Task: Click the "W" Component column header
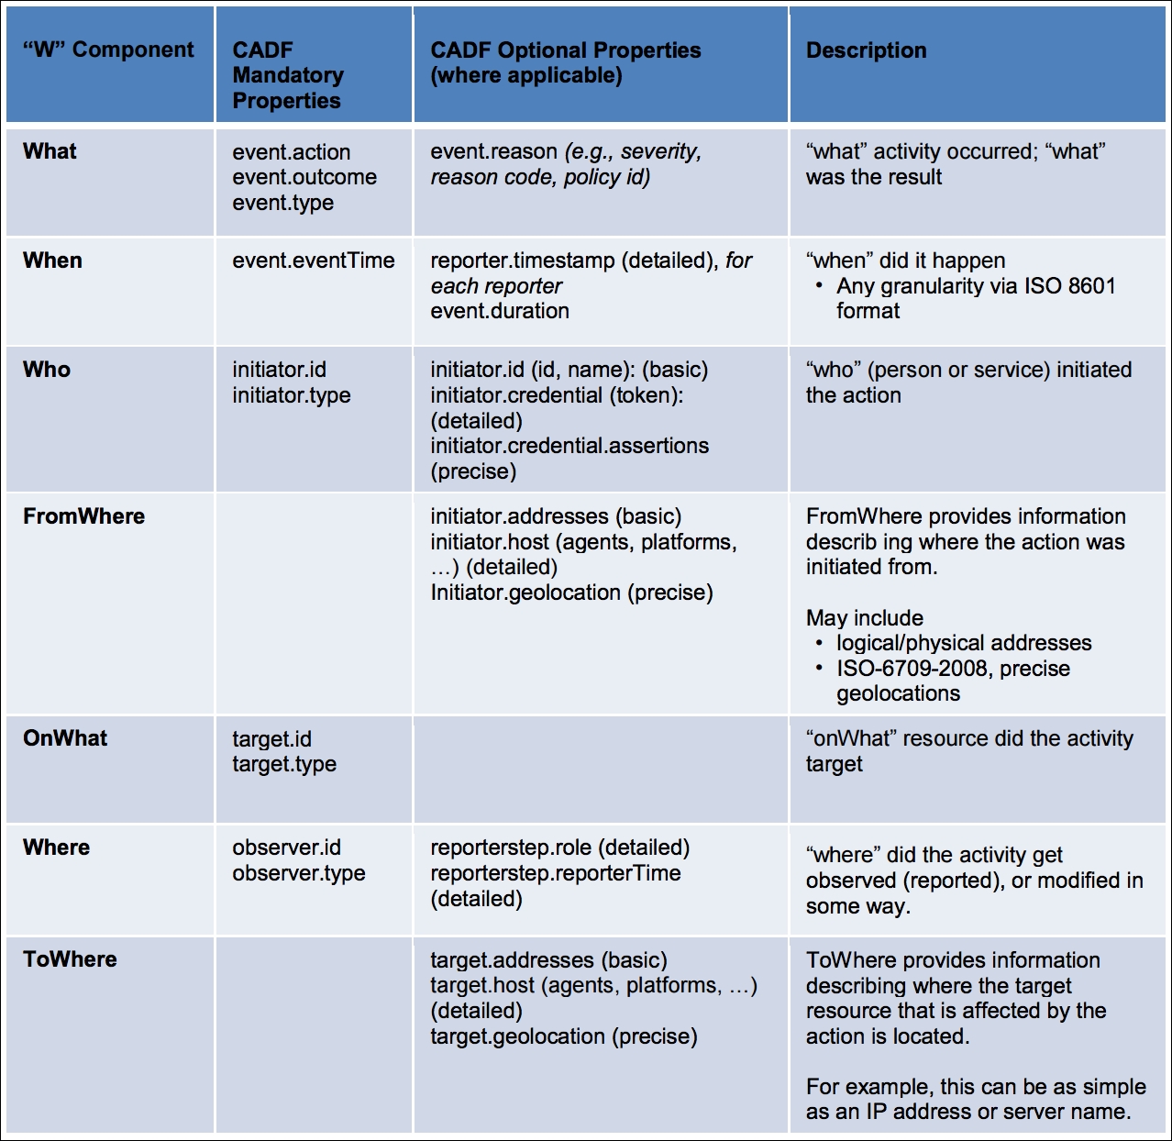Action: point(108,50)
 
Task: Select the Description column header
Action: point(866,50)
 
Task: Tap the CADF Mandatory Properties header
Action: point(288,75)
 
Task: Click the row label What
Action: point(50,151)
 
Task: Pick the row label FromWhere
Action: point(83,516)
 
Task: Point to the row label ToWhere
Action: point(70,959)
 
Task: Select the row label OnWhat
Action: point(65,738)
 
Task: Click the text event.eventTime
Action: point(313,260)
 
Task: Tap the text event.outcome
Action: point(304,177)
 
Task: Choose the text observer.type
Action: point(298,873)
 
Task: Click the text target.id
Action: point(271,739)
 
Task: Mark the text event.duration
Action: point(500,311)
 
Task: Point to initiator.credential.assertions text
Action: point(569,446)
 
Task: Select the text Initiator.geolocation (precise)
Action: point(571,593)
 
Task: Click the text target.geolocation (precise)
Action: point(564,1036)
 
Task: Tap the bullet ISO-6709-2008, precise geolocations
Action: point(953,681)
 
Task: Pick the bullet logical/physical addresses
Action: point(963,643)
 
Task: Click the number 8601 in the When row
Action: point(1091,286)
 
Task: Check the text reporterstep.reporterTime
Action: point(556,873)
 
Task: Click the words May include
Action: point(864,618)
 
